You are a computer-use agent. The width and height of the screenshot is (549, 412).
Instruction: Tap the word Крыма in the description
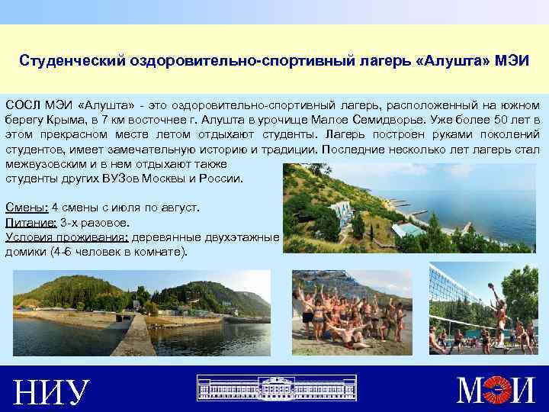point(79,121)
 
